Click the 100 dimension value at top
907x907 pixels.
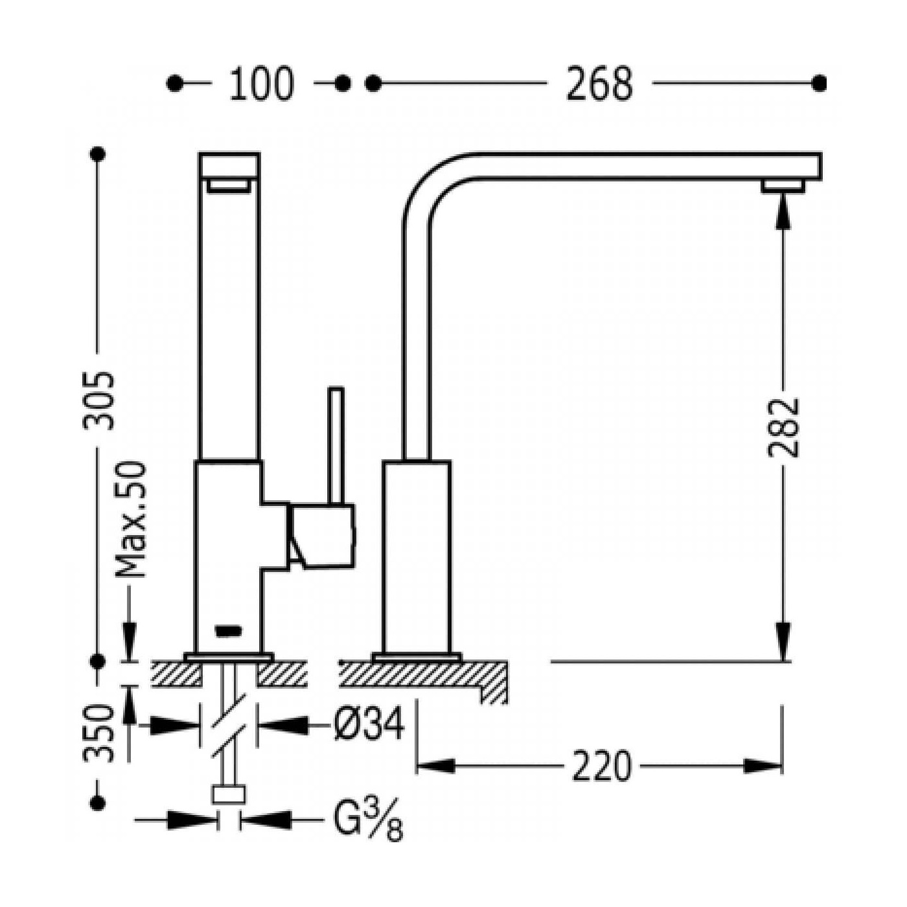coord(261,84)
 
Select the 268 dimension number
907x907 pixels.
coord(599,84)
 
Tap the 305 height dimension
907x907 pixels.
coord(99,400)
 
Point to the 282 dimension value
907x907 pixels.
coord(783,428)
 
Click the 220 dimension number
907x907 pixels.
coord(601,766)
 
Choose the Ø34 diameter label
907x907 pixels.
coord(369,724)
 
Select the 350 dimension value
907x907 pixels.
coord(99,733)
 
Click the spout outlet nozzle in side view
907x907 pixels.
coord(783,186)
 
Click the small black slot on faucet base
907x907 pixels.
coord(228,628)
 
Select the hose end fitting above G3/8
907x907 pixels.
coord(229,794)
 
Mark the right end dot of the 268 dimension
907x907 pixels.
coord(819,84)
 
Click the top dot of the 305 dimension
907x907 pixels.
coord(99,154)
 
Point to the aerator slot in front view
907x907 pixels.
coord(228,187)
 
